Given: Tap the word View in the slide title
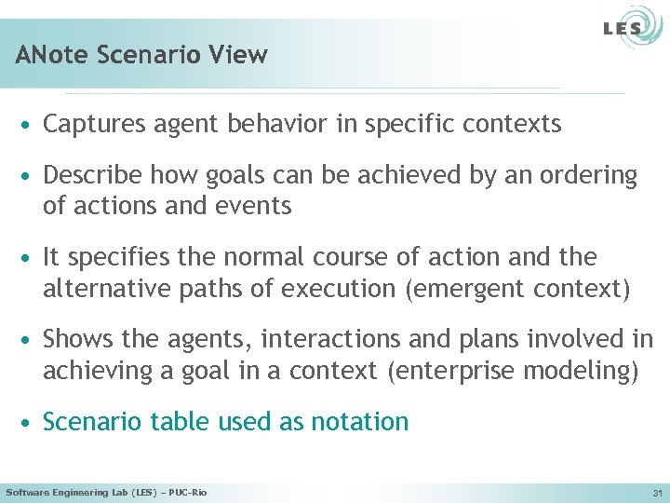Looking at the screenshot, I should [x=240, y=55].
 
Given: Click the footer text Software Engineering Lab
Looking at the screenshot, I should [x=70, y=492].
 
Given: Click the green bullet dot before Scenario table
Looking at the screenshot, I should [x=30, y=423].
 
